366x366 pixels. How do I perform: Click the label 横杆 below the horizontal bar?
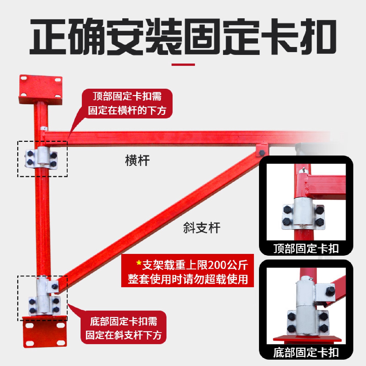coord(137,161)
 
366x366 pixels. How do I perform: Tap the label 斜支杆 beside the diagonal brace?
coord(202,228)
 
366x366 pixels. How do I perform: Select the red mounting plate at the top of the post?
coord(41,89)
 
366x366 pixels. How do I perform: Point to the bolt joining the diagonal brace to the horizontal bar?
coord(262,152)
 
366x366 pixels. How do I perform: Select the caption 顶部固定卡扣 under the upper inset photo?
coord(306,248)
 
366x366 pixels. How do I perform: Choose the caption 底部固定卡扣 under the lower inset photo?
coord(306,353)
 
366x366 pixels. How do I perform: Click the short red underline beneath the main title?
coord(183,65)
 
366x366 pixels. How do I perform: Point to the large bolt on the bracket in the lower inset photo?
coord(329,291)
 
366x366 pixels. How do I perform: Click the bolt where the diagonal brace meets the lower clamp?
coord(54,287)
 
